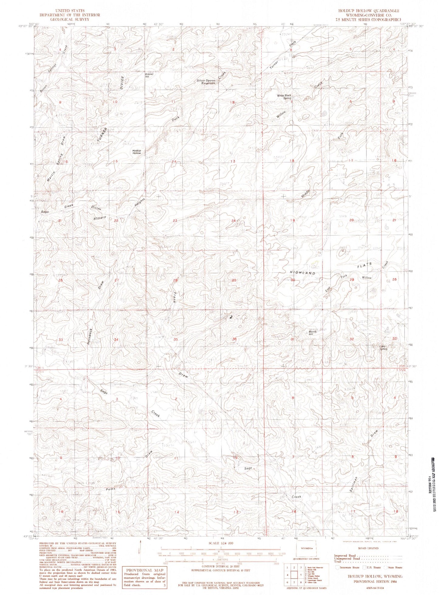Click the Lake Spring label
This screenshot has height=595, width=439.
(383, 347)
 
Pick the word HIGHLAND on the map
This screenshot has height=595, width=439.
(302, 273)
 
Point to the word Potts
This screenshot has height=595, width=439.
(111, 489)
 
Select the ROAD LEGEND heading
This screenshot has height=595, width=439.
(369, 548)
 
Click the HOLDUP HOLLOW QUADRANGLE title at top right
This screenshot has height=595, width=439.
(369, 11)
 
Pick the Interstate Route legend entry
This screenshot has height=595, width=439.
(347, 567)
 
